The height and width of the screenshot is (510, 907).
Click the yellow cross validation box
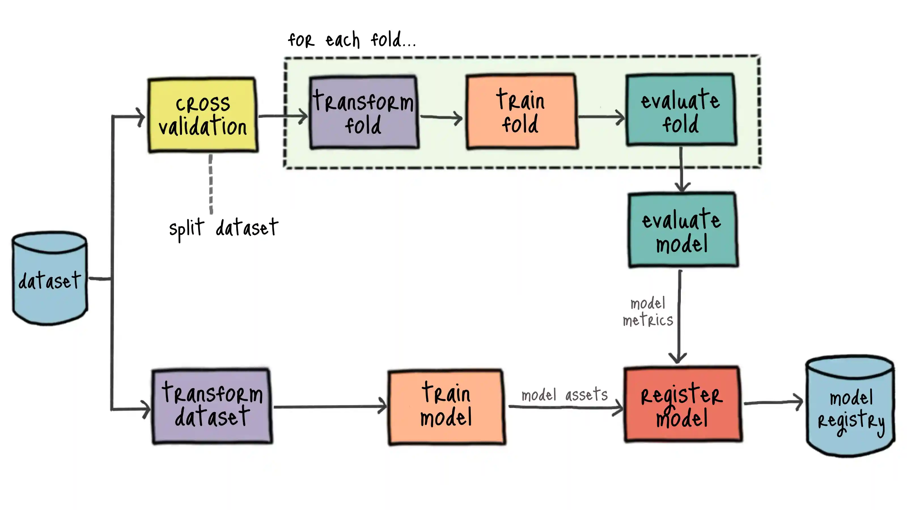(x=203, y=115)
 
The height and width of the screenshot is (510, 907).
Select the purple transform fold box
(x=363, y=112)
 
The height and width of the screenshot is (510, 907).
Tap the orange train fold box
(x=521, y=112)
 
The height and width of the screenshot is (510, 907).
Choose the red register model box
(x=682, y=404)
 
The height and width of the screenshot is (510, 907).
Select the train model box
(x=446, y=407)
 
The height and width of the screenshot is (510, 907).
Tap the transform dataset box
(x=212, y=406)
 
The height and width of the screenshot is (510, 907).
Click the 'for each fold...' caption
(x=352, y=40)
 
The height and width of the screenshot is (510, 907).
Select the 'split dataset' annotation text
(x=223, y=228)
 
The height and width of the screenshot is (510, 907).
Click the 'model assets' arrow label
(x=564, y=395)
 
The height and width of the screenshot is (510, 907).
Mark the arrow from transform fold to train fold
(x=442, y=117)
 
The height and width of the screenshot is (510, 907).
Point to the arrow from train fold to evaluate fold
(x=601, y=117)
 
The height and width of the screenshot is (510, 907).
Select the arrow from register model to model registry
(x=773, y=402)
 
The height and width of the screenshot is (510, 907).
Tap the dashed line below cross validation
(x=211, y=184)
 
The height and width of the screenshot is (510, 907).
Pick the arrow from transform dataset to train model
(x=330, y=407)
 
